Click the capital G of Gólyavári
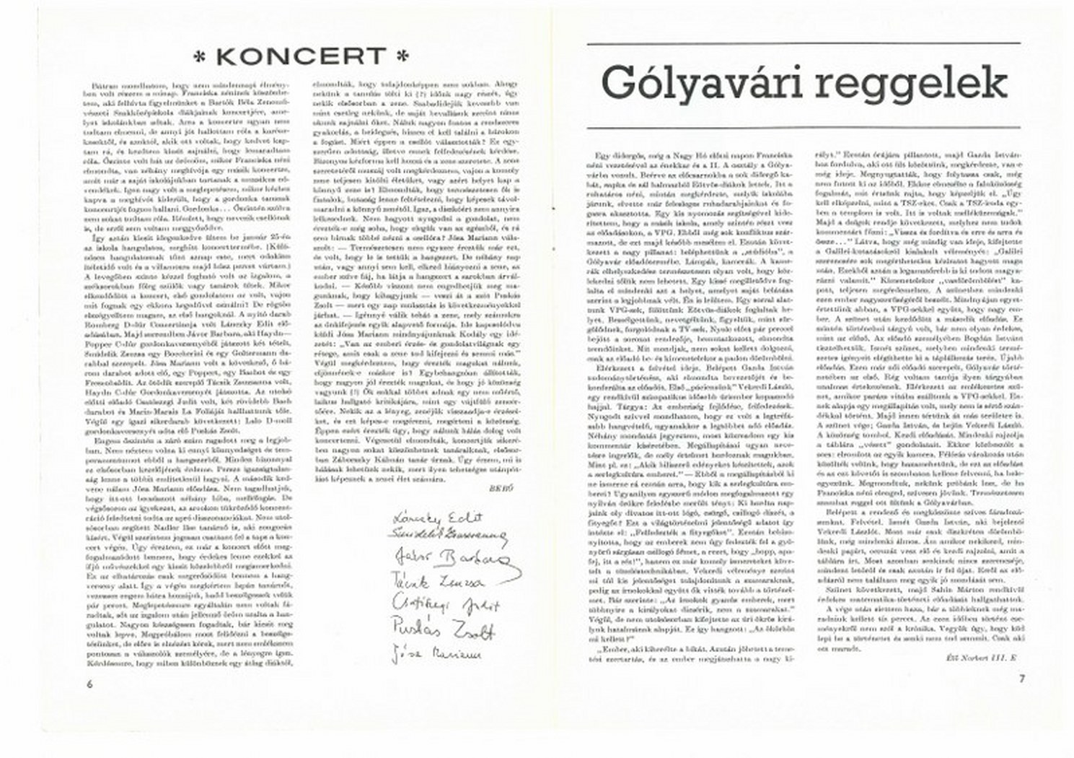(620, 83)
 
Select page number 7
(1022, 678)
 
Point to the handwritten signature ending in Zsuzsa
(436, 582)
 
